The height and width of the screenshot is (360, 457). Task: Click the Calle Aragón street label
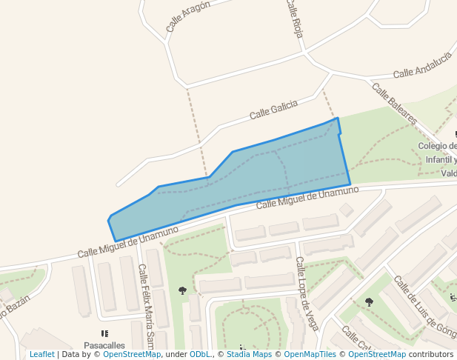point(188,16)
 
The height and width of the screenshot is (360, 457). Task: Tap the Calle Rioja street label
point(295,19)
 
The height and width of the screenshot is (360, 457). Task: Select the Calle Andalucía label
point(422,65)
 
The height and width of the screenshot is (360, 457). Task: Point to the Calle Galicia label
point(273,110)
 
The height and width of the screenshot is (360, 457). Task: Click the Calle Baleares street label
point(395,104)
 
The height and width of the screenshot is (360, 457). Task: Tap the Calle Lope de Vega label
point(307,293)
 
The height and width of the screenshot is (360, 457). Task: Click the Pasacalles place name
point(104,345)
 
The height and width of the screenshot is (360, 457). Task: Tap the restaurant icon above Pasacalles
point(104,333)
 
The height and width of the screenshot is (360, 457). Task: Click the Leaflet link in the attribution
point(42,354)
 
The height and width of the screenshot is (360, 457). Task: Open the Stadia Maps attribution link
point(249,354)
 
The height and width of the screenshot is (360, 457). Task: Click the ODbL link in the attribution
point(200,354)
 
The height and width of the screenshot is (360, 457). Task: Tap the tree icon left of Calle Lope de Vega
point(183,290)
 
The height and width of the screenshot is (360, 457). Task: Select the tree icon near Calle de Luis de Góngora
point(369,301)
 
